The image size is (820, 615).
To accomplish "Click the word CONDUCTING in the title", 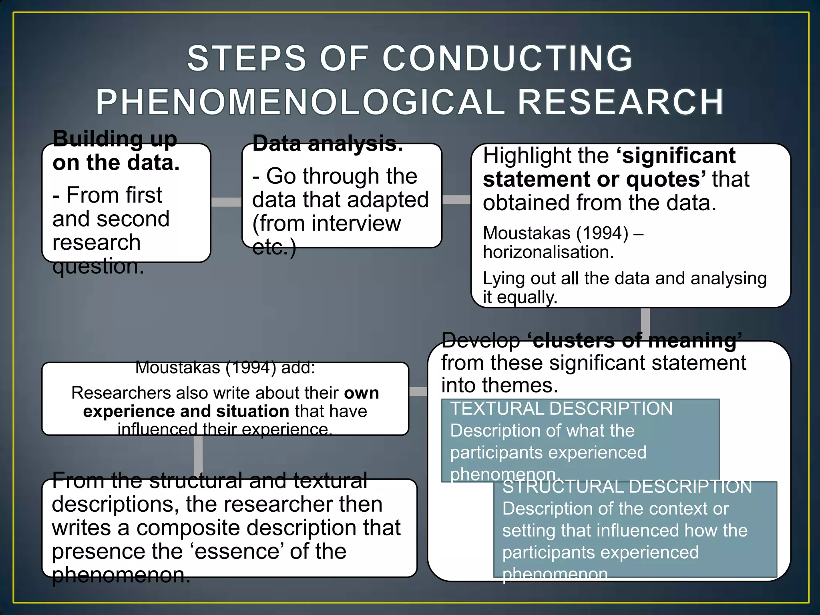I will tap(507, 59).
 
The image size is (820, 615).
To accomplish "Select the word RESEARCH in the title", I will tap(621, 102).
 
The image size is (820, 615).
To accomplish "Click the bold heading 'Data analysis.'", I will tap(328, 144).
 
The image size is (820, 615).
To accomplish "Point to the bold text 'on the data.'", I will tap(116, 163).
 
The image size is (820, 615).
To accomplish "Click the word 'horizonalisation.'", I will tap(548, 252).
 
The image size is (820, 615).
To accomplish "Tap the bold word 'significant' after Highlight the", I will tap(678, 156).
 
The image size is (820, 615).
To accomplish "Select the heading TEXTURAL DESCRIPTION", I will tap(561, 409).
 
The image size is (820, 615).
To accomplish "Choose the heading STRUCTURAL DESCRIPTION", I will tap(627, 487).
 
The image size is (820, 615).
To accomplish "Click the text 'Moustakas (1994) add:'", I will tap(225, 368).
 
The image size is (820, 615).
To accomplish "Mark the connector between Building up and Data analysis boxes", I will tap(226, 202).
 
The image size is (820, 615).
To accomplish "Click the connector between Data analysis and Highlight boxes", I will tap(456, 199).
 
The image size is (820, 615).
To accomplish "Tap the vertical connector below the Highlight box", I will tap(645, 324).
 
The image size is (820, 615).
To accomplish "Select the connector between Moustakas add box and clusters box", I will tap(418, 391).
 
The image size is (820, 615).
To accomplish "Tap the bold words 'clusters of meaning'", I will tap(635, 341).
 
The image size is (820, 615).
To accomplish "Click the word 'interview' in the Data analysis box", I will tap(356, 223).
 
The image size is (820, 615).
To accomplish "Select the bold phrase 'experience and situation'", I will tap(186, 411).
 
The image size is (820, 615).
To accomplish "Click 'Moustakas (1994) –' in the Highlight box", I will tap(563, 233).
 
